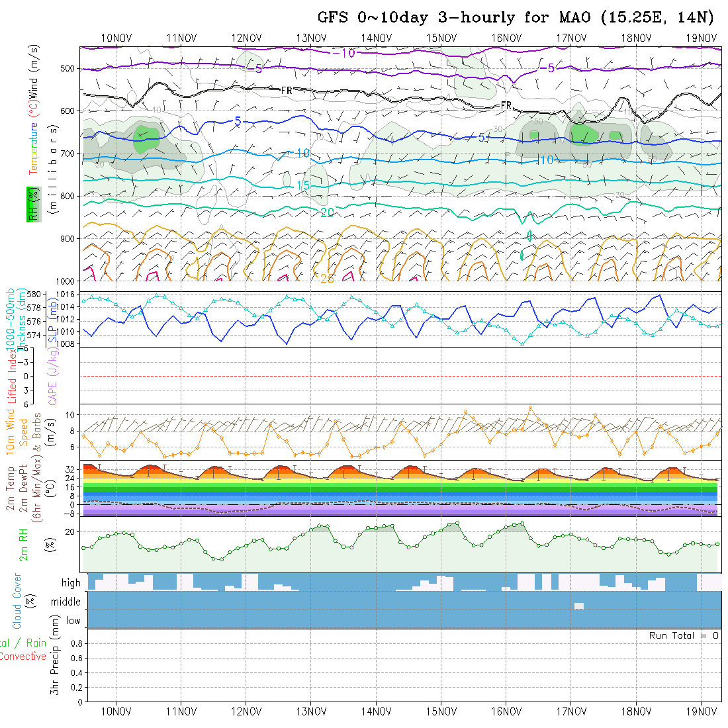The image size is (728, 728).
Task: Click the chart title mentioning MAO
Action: pyautogui.click(x=516, y=17)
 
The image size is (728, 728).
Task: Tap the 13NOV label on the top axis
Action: pyautogui.click(x=310, y=38)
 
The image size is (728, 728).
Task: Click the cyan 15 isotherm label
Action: pyautogui.click(x=303, y=186)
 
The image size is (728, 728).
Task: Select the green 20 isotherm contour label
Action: pyautogui.click(x=326, y=212)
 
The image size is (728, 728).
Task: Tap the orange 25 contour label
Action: pyautogui.click(x=327, y=279)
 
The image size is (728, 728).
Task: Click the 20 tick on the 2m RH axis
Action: pyautogui.click(x=72, y=531)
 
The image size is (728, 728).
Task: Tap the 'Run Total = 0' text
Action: pyautogui.click(x=683, y=635)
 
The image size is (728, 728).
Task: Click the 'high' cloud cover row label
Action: pyautogui.click(x=71, y=583)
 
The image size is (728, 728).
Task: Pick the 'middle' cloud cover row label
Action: pyautogui.click(x=66, y=602)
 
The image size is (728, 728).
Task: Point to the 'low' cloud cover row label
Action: pyautogui.click(x=73, y=621)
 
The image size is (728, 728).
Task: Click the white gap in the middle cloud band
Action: pyautogui.click(x=579, y=606)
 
